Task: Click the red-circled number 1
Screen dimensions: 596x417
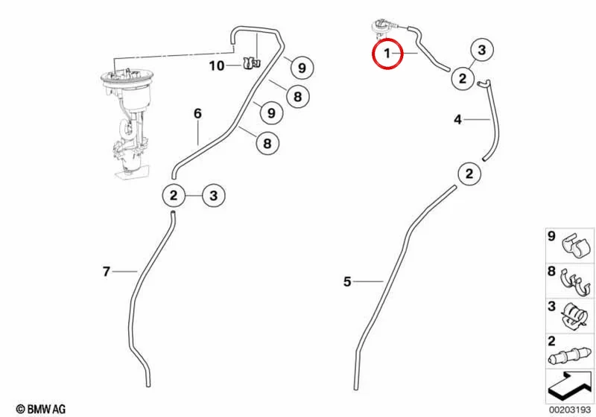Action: (387, 54)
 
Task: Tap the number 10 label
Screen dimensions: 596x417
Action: (217, 66)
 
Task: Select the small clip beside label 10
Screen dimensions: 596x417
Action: (251, 63)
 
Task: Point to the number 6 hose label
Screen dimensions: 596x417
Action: (197, 113)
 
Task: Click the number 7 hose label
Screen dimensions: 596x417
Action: (107, 272)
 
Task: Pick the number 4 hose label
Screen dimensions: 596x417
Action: (457, 120)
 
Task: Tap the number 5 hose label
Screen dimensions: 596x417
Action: (347, 281)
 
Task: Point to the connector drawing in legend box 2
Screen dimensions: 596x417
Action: (571, 357)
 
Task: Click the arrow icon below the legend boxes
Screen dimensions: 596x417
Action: (569, 386)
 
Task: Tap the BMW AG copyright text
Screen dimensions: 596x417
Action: (41, 409)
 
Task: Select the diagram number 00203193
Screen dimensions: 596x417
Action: (569, 410)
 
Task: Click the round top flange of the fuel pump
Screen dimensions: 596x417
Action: (127, 77)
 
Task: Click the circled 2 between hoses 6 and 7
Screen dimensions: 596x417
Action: (174, 196)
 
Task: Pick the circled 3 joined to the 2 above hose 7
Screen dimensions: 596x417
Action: (213, 196)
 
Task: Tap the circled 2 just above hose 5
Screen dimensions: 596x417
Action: (469, 174)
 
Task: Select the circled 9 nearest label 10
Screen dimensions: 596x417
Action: (302, 68)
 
